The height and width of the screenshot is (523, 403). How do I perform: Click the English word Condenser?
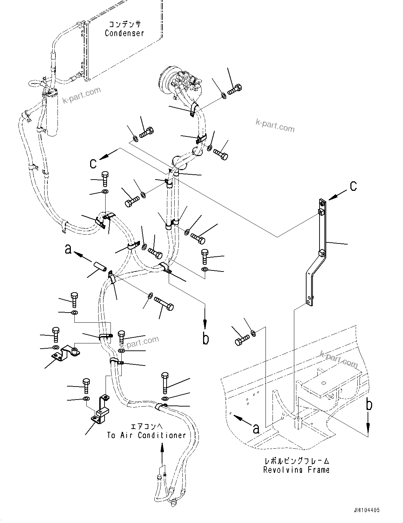pyautogui.click(x=125, y=33)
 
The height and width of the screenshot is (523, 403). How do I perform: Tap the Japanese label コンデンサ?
pyautogui.click(x=125, y=24)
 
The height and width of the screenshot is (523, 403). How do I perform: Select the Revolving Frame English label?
pyautogui.click(x=296, y=470)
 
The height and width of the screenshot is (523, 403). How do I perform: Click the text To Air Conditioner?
pyautogui.click(x=146, y=435)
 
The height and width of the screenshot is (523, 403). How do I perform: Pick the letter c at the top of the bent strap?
pyautogui.click(x=353, y=186)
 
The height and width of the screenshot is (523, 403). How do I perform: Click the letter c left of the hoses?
pyautogui.click(x=93, y=163)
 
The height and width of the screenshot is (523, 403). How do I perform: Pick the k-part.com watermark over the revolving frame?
pyautogui.click(x=338, y=359)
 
